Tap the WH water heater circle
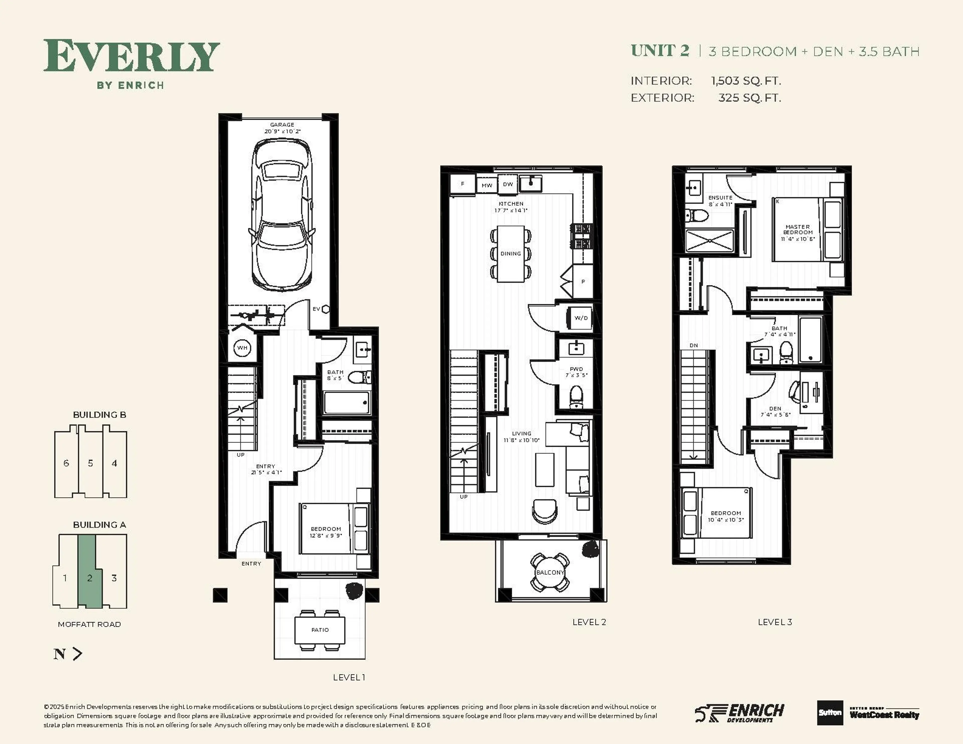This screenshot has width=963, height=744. pyautogui.click(x=242, y=348)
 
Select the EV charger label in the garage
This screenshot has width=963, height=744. pyautogui.click(x=316, y=309)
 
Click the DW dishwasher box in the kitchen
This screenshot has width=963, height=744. pyautogui.click(x=508, y=184)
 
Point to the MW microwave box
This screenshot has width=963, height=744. pyautogui.click(x=487, y=185)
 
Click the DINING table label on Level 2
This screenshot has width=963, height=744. pyautogui.click(x=511, y=254)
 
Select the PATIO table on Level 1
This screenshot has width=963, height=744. pyautogui.click(x=320, y=630)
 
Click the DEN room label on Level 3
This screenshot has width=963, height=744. pyautogui.click(x=775, y=409)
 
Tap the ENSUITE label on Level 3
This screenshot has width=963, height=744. pyautogui.click(x=720, y=198)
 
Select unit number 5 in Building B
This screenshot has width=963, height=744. pyautogui.click(x=90, y=463)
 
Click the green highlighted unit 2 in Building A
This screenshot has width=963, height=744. pyautogui.click(x=90, y=578)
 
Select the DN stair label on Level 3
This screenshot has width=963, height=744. pyautogui.click(x=694, y=345)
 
